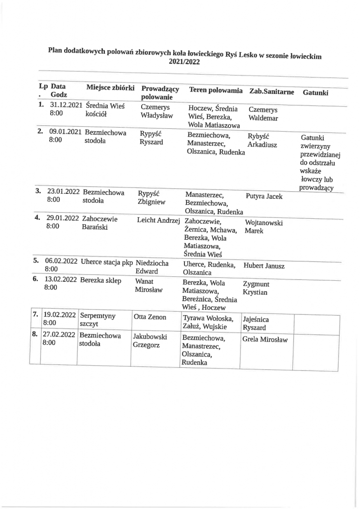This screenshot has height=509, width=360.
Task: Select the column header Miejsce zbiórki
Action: (x=110, y=87)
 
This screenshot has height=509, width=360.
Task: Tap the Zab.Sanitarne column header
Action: (x=271, y=92)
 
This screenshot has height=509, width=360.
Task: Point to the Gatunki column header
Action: (x=315, y=93)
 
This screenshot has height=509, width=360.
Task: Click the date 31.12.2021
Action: (x=66, y=105)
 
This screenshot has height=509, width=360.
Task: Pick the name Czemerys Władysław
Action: (x=156, y=112)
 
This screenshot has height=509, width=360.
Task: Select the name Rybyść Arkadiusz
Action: (x=263, y=141)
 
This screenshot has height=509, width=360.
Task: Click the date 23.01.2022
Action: (x=64, y=191)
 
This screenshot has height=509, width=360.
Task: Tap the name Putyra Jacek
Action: (x=264, y=196)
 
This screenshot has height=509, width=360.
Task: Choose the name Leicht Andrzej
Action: (x=158, y=220)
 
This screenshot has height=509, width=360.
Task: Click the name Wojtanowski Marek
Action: (x=264, y=227)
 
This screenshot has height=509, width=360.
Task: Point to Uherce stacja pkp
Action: (x=106, y=261)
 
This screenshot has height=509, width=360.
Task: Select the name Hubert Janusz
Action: (x=264, y=266)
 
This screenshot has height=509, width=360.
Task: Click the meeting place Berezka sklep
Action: (x=100, y=279)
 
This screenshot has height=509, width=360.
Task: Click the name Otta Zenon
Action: (x=150, y=317)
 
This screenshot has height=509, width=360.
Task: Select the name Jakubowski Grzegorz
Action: (x=150, y=340)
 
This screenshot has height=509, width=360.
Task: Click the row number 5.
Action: (x=36, y=260)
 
